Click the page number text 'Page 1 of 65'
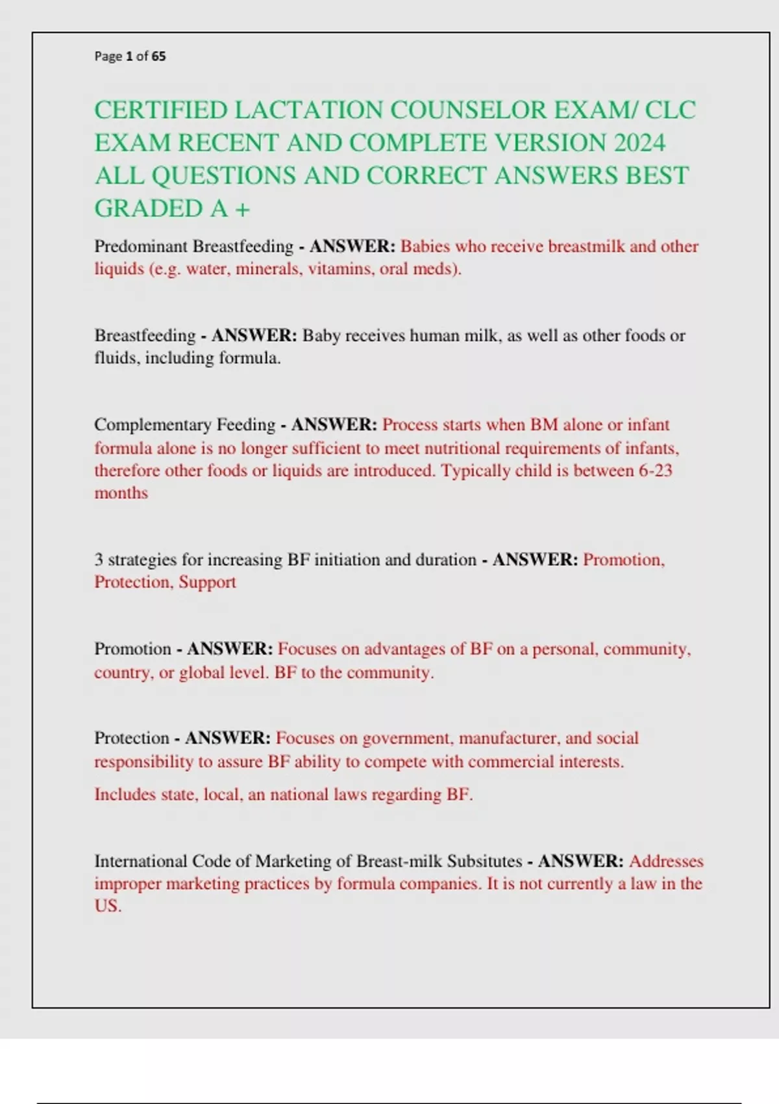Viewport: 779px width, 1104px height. click(130, 56)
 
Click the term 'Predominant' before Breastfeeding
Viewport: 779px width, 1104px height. click(141, 247)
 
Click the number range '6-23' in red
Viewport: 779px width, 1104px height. click(656, 470)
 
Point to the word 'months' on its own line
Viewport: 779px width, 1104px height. click(121, 493)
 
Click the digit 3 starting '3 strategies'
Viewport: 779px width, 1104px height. click(99, 560)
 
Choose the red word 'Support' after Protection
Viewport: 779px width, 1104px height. click(207, 582)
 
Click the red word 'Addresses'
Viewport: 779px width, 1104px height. click(666, 861)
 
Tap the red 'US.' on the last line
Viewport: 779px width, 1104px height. click(108, 906)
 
